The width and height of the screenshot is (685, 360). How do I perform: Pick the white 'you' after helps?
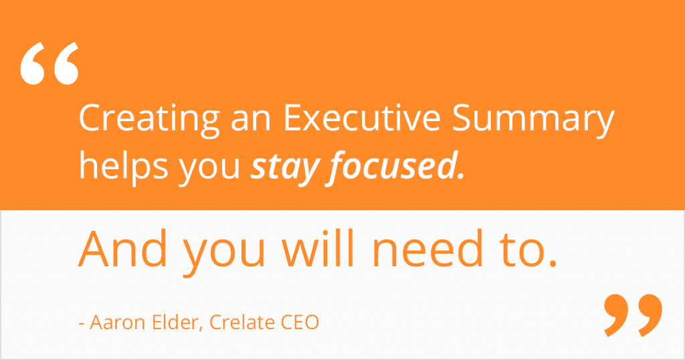209,170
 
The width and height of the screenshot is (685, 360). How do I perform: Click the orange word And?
123,249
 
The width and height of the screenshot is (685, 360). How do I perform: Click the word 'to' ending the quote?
522,251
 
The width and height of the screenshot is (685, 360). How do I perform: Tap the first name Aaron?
118,323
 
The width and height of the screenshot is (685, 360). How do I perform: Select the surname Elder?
175,322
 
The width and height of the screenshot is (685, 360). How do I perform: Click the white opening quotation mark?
50,64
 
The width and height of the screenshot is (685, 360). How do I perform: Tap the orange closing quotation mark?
633,315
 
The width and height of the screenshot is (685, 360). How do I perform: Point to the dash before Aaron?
81,324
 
